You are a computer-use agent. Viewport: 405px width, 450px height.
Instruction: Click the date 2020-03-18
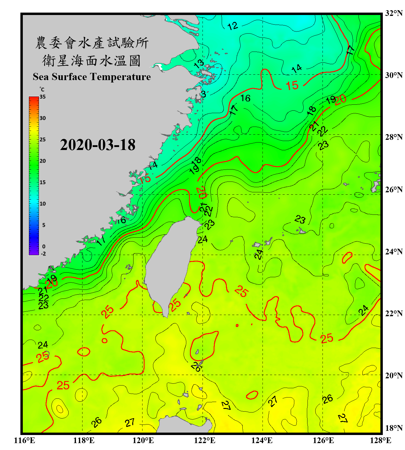[x=97, y=145]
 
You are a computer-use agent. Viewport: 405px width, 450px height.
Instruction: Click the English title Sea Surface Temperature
[x=91, y=77]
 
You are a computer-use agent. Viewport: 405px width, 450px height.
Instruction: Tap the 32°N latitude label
[x=394, y=13]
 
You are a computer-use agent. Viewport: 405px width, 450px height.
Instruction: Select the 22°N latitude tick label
[x=394, y=313]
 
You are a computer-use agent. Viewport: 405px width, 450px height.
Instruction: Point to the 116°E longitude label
[x=25, y=440]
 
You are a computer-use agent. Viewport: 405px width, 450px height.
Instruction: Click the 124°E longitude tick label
[x=262, y=440]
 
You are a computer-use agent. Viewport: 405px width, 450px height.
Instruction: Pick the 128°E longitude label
[x=380, y=440]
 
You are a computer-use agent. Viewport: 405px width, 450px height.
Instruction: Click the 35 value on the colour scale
[x=43, y=97]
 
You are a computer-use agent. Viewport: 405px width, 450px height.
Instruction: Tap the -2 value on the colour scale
[x=43, y=254]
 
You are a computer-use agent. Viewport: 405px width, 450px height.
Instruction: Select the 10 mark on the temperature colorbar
[x=43, y=204]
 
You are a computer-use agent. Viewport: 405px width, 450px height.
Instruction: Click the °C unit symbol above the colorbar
[x=42, y=89]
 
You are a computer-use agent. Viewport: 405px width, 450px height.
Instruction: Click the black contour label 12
[x=232, y=26]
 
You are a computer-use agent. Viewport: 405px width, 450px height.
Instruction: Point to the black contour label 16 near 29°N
[x=245, y=98]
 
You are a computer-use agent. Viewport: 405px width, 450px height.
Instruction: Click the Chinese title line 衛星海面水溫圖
[x=91, y=61]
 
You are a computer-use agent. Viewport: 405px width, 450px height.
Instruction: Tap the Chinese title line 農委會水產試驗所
[x=91, y=43]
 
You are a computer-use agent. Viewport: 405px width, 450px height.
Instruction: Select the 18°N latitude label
[x=394, y=428]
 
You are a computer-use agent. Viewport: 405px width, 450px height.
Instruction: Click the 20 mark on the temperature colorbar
[x=43, y=161]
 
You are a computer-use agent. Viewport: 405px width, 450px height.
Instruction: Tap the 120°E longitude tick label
[x=143, y=440]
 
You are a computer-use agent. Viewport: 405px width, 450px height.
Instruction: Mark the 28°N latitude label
[x=394, y=137]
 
